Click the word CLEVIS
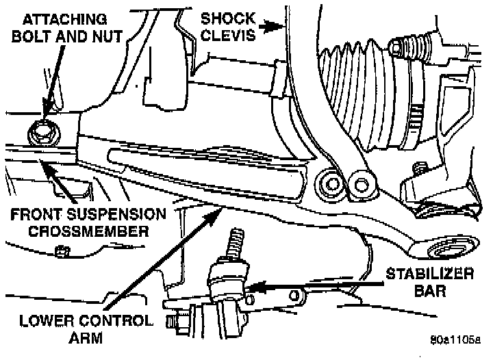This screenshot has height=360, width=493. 229,35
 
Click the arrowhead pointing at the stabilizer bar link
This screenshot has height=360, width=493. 251,288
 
